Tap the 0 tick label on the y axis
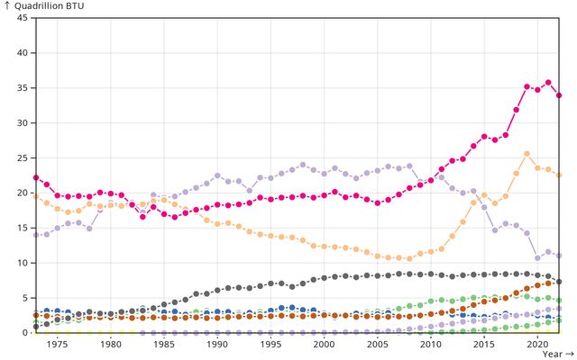24,333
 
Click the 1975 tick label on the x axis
57,345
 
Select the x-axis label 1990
216,345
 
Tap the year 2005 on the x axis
377,345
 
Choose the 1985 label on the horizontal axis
163,345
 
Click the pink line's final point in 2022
559,95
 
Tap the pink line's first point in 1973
35,178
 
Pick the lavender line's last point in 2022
559,256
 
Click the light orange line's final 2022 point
559,175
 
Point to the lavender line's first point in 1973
35,235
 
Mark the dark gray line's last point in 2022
559,282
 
